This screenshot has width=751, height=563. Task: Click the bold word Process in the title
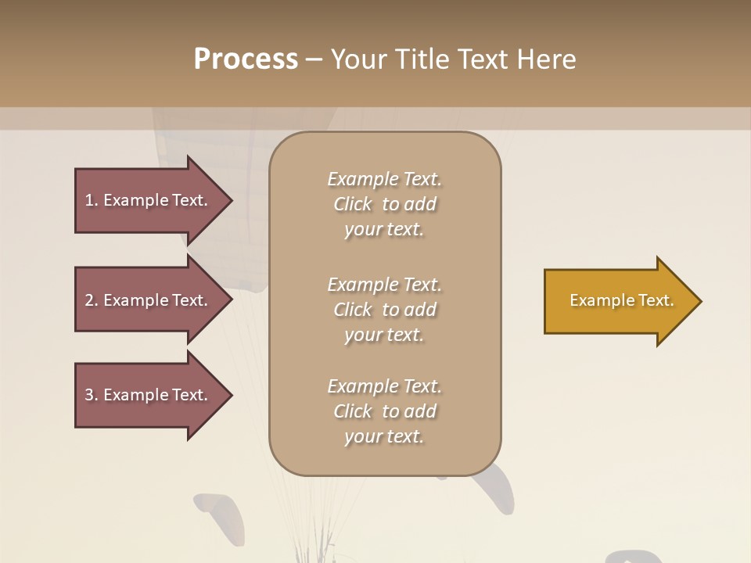point(246,59)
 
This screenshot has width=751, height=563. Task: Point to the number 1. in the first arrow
point(92,200)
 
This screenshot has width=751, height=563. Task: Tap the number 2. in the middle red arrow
point(92,300)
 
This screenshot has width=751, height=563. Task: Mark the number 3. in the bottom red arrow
point(92,395)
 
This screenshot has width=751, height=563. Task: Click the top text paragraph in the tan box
point(385,204)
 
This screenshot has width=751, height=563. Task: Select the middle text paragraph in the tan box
point(385,310)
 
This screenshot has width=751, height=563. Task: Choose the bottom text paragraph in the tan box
point(385,411)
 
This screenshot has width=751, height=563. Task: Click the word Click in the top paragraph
point(353,204)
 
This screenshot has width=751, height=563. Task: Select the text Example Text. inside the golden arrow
point(622,300)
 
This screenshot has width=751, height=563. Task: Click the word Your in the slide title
point(358,59)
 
